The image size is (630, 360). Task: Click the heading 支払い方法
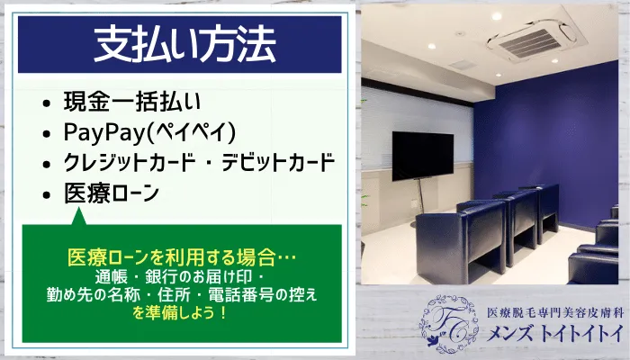point(184,44)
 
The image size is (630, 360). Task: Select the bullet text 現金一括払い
point(131,101)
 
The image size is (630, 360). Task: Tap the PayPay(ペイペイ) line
point(149,131)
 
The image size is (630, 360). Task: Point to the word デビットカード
point(278,162)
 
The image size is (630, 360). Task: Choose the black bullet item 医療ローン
point(112,193)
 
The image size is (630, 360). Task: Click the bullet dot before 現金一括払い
point(47,103)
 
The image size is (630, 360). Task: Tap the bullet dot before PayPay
point(47,134)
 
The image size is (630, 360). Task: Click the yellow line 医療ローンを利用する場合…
point(181,257)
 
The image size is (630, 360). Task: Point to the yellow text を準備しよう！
point(180,312)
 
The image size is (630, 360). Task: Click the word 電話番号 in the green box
point(241,295)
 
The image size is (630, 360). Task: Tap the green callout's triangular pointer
point(79,216)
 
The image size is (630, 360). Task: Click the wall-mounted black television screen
point(423,156)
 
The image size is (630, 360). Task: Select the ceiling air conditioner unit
point(532,40)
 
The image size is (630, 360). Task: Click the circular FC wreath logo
point(448,323)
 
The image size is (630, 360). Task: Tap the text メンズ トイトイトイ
point(555,334)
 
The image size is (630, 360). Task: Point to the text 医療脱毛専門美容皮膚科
point(555,312)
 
